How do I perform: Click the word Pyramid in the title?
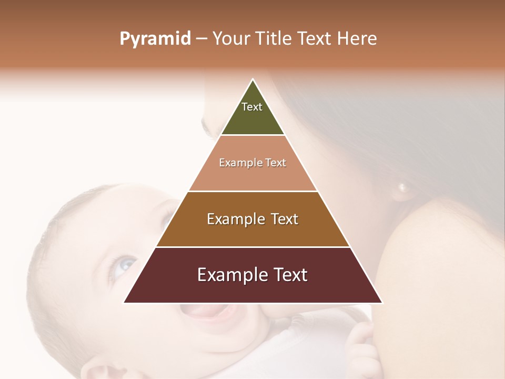point(155,39)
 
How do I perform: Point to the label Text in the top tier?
point(252,107)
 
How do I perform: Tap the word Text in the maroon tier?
point(289,275)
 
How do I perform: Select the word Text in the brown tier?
point(282,219)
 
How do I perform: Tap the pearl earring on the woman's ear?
point(403,187)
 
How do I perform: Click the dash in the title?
point(201,39)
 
